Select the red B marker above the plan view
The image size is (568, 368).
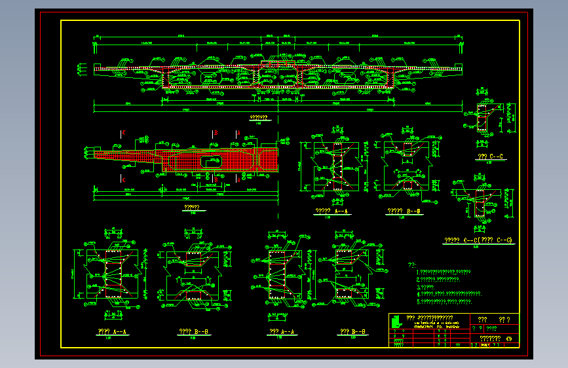tap(215, 133)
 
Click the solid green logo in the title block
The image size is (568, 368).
tap(394, 321)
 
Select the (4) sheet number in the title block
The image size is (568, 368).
tap(509, 339)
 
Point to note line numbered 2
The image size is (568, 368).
tap(438, 279)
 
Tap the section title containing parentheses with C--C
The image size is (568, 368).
tap(478, 240)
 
